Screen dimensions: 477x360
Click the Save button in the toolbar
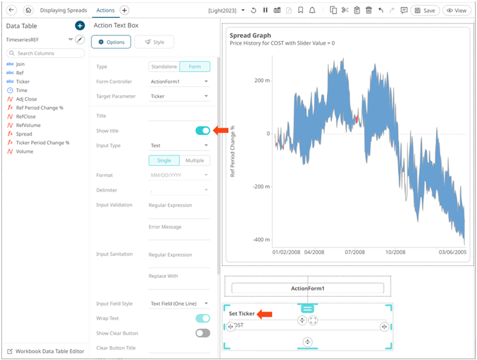click(425, 11)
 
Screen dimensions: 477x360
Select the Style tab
click(154, 42)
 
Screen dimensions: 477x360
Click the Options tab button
click(111, 42)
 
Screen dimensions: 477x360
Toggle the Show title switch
click(203, 131)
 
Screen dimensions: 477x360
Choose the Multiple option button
click(195, 160)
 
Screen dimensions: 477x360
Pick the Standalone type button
click(164, 67)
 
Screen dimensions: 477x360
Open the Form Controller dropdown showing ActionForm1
click(179, 81)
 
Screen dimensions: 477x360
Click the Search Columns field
click(45, 53)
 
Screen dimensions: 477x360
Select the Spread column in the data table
click(24, 134)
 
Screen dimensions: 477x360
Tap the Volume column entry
click(24, 152)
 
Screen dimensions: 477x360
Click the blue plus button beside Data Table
click(80, 26)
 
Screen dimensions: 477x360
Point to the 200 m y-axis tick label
click(262, 81)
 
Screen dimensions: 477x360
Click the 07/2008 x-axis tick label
click(354, 252)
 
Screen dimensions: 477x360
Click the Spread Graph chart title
click(250, 35)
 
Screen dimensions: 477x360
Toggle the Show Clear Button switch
click(203, 333)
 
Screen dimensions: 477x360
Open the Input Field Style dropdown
click(179, 303)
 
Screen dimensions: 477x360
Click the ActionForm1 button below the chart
click(308, 288)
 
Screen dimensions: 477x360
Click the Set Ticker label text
click(241, 313)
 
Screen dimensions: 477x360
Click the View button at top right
click(456, 11)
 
